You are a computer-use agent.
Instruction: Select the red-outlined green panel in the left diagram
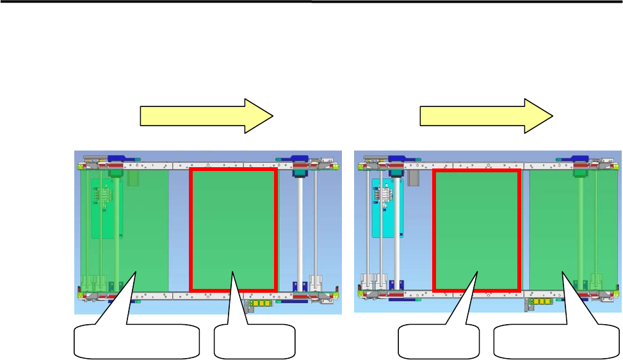[233, 229]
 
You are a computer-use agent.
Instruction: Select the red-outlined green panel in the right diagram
[476, 229]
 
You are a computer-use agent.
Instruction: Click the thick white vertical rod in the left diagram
[300, 231]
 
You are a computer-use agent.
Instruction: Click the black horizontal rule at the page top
[311, 2]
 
